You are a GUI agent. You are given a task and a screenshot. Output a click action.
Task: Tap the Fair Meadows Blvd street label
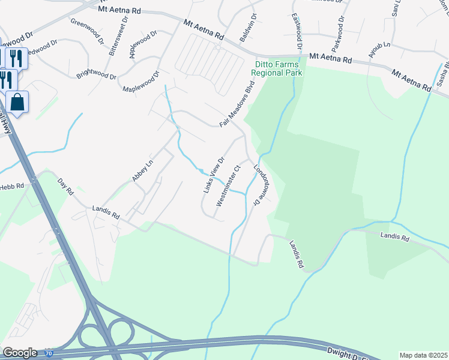coord(237,103)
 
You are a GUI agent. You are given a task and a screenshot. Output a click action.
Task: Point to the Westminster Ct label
coord(228,186)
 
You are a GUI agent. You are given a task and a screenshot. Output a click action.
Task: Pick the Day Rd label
coord(65,187)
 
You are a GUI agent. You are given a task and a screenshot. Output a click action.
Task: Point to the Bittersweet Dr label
coord(118,36)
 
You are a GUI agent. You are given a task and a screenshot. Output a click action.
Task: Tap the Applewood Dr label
coord(142,45)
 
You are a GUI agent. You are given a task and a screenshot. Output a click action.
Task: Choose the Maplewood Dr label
coord(141,82)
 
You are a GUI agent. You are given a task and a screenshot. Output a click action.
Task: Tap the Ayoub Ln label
coord(379,53)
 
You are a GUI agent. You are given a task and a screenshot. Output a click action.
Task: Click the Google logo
coord(19,353)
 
